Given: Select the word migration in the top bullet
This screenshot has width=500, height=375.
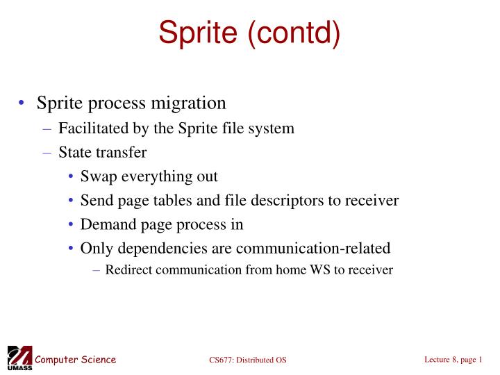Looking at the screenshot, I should (x=188, y=103).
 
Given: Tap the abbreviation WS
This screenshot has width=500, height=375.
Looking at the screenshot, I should (x=321, y=269).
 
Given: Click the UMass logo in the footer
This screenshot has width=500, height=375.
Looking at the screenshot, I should (x=19, y=358).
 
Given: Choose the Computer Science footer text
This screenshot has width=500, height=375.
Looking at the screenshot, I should (x=76, y=359).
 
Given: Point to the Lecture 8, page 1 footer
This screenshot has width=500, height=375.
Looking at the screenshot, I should (x=453, y=359).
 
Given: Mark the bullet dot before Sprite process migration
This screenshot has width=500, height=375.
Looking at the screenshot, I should (x=22, y=104).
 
